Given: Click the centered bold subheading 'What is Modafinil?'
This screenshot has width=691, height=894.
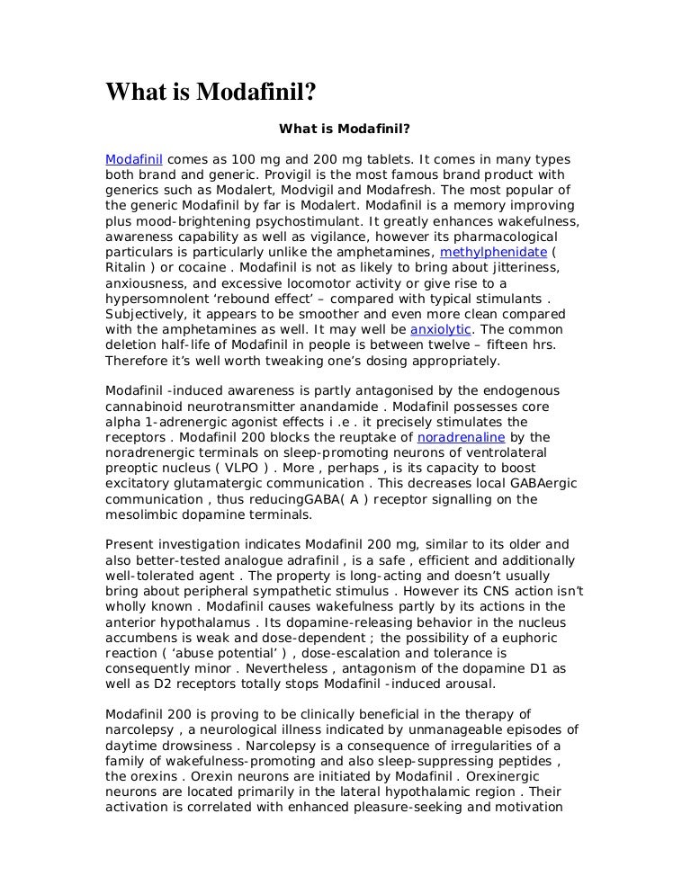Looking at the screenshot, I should (x=345, y=129).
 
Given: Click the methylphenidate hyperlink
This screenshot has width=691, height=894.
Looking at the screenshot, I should (x=493, y=253).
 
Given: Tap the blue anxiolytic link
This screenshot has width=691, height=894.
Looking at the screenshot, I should (x=441, y=330).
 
